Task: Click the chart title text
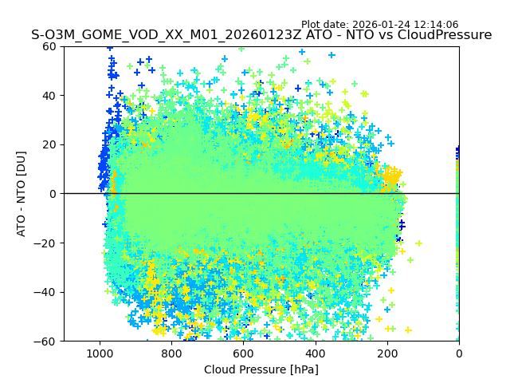(x=261, y=35)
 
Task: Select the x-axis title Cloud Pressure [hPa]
(x=261, y=369)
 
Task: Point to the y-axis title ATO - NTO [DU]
(x=22, y=194)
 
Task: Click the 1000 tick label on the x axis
(x=100, y=353)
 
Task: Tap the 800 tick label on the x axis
(x=171, y=353)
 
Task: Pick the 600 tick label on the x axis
(x=243, y=353)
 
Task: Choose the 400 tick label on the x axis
(x=315, y=353)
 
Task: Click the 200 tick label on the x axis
(x=386, y=353)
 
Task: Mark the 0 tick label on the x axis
(x=459, y=353)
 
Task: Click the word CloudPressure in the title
(x=442, y=35)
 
